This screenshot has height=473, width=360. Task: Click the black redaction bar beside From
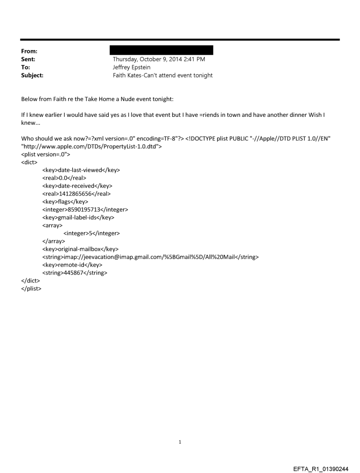click(163, 50)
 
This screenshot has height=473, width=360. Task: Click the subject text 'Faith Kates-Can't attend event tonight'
click(163, 75)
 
